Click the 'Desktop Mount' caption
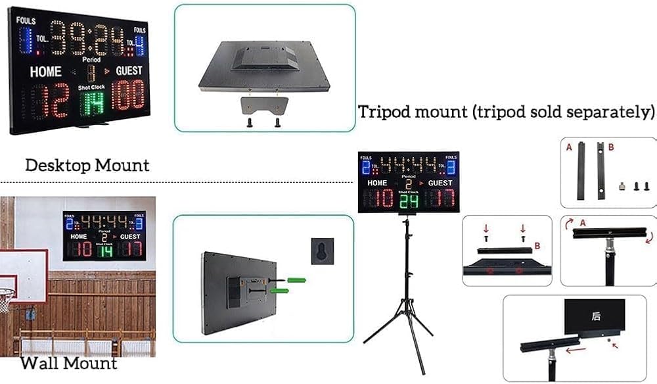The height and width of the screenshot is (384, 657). pyautogui.click(x=87, y=164)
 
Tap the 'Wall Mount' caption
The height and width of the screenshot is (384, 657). pyautogui.click(x=68, y=363)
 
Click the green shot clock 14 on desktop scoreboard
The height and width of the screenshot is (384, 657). pyautogui.click(x=92, y=101)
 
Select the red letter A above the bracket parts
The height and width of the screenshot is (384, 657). pyautogui.click(x=569, y=148)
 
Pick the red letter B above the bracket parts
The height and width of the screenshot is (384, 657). pyautogui.click(x=611, y=148)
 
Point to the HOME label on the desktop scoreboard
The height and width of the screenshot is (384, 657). pyautogui.click(x=45, y=72)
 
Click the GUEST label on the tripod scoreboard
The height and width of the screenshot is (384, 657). pyautogui.click(x=440, y=183)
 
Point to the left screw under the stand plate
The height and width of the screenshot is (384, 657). pyautogui.click(x=250, y=122)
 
